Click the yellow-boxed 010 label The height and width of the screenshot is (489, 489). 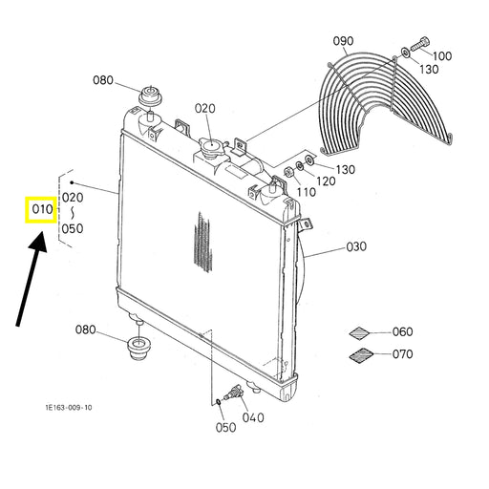point(41,209)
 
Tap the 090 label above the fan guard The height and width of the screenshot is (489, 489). point(343,41)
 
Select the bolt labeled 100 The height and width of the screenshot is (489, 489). point(420,44)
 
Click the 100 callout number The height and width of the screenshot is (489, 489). point(442,56)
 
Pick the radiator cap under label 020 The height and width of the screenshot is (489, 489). point(211,147)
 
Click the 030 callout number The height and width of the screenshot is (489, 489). point(356,246)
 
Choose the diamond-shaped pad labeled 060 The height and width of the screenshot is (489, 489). point(359,333)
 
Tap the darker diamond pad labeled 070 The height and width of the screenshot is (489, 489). point(361,355)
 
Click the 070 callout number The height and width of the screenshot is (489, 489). point(402,354)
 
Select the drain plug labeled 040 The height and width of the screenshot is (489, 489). point(233,393)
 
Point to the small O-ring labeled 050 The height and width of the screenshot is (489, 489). point(219,402)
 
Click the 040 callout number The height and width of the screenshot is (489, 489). point(253,417)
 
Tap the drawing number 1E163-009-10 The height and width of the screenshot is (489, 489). point(69,408)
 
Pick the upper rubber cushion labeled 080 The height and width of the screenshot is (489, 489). point(152,96)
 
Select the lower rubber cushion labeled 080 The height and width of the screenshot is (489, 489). point(139,349)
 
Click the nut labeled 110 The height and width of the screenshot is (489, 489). point(288,172)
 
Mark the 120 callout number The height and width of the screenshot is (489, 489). point(326,181)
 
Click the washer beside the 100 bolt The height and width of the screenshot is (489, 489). point(405,52)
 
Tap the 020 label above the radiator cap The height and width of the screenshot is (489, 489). point(204,109)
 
